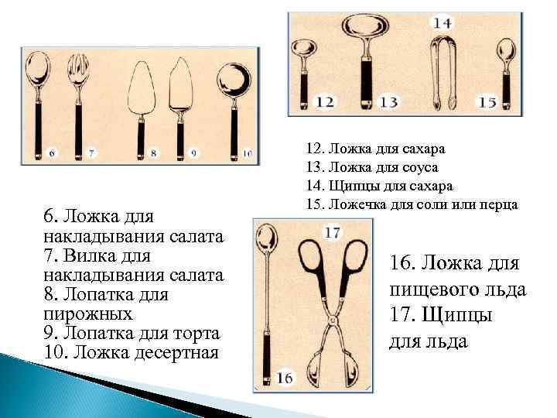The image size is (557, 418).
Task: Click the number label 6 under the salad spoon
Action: coord(51,153)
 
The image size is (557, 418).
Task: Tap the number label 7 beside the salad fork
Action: coord(91,153)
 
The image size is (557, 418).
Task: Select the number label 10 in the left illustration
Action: coord(247,153)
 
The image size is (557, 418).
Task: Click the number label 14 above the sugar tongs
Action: coord(443,22)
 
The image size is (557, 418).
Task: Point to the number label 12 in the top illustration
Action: coord(326,101)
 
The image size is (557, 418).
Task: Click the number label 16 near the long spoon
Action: coord(284,377)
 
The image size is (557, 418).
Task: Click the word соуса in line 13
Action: coord(420,166)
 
